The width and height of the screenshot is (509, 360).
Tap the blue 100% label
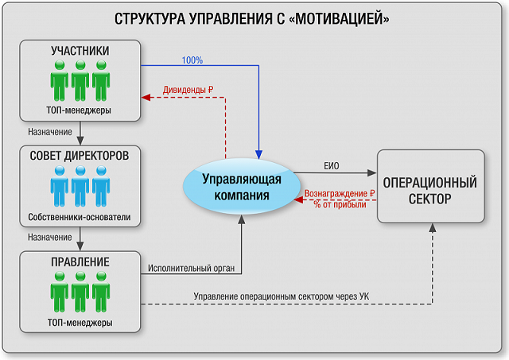(x=192, y=60)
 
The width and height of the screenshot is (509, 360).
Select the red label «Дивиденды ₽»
(x=188, y=90)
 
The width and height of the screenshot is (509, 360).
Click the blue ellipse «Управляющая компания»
(x=242, y=187)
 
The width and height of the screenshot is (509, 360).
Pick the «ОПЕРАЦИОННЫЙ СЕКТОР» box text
(x=430, y=191)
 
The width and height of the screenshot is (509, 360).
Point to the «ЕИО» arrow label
(x=332, y=166)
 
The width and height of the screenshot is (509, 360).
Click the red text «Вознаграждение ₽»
(x=340, y=194)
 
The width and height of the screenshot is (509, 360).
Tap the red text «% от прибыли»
(x=340, y=204)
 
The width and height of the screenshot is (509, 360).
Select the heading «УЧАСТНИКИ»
(x=80, y=51)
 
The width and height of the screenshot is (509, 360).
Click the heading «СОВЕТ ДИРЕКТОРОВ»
(x=80, y=156)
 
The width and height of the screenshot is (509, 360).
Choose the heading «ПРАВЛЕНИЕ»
(x=80, y=261)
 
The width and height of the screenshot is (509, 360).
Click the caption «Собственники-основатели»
(x=80, y=217)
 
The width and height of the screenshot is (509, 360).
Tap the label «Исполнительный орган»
(x=191, y=269)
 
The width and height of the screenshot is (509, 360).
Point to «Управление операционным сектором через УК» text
(x=282, y=296)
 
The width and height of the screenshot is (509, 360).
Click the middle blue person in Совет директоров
(x=80, y=186)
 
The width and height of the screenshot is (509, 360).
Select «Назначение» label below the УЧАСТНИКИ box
(x=50, y=132)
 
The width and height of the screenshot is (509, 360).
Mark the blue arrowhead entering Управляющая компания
(x=258, y=154)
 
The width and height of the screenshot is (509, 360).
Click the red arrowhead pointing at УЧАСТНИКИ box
(x=146, y=97)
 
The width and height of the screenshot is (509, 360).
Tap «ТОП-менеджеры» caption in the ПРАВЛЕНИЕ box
(x=80, y=323)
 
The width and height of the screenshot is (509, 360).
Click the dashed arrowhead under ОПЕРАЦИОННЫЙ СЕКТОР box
(x=433, y=227)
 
